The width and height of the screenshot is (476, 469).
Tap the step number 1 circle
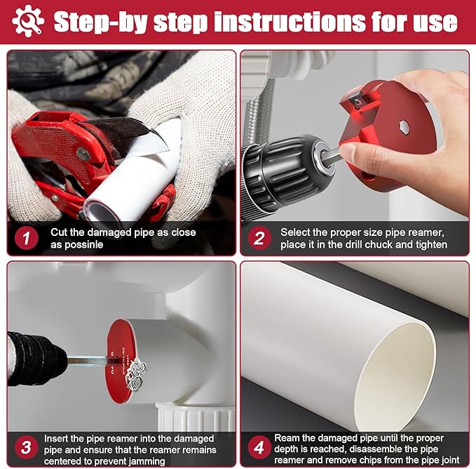point(26,238)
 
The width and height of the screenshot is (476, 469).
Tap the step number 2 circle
point(259,238)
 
